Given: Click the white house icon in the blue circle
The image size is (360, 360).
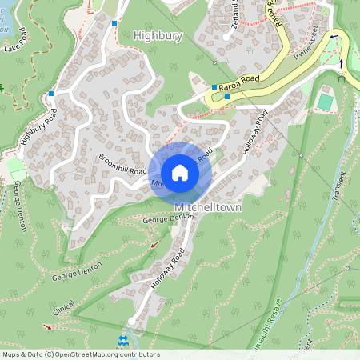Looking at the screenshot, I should coord(180,173).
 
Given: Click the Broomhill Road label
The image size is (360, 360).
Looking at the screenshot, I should coord(123,164).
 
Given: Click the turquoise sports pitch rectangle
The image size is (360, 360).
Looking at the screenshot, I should coord(324,102).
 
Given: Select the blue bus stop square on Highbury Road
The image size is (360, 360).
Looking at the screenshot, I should coord(51,94).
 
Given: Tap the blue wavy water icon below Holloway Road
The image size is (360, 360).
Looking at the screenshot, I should coord(122,342).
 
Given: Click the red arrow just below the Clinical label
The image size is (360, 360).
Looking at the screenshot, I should coord(48,326).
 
